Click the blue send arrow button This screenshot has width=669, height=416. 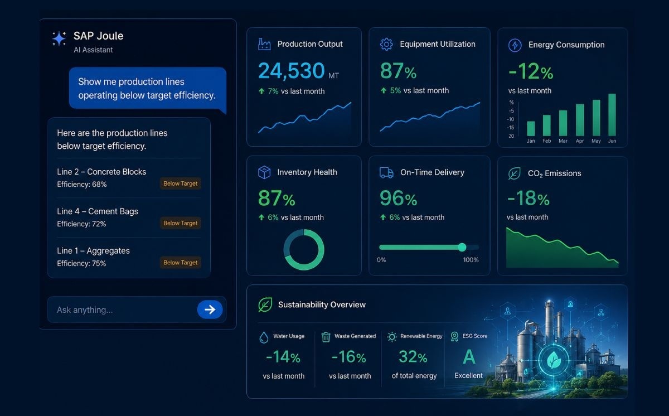click(210, 309)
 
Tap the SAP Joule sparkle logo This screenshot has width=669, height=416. click(59, 39)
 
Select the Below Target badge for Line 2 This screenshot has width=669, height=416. click(181, 183)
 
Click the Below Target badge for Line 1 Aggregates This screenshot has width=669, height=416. click(181, 263)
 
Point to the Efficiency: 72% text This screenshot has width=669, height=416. click(81, 224)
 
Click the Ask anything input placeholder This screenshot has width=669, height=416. click(85, 310)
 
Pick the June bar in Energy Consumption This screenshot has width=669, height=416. click(612, 115)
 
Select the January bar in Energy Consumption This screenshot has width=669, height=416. click(531, 129)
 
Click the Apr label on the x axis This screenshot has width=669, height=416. click(580, 141)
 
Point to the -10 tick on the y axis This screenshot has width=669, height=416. click(511, 119)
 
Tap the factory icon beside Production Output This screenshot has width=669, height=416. click(264, 44)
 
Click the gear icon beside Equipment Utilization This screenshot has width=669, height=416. click(386, 44)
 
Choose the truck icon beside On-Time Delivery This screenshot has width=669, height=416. click(386, 172)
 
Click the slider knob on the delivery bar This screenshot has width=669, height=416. click(462, 247)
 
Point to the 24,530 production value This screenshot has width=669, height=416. click(291, 71)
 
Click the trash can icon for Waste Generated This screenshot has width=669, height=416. click(326, 337)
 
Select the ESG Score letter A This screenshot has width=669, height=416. click(469, 357)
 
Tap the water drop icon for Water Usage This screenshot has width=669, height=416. click(264, 337)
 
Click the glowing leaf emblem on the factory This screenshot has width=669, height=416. click(554, 360)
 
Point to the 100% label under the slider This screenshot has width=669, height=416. click(471, 260)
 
